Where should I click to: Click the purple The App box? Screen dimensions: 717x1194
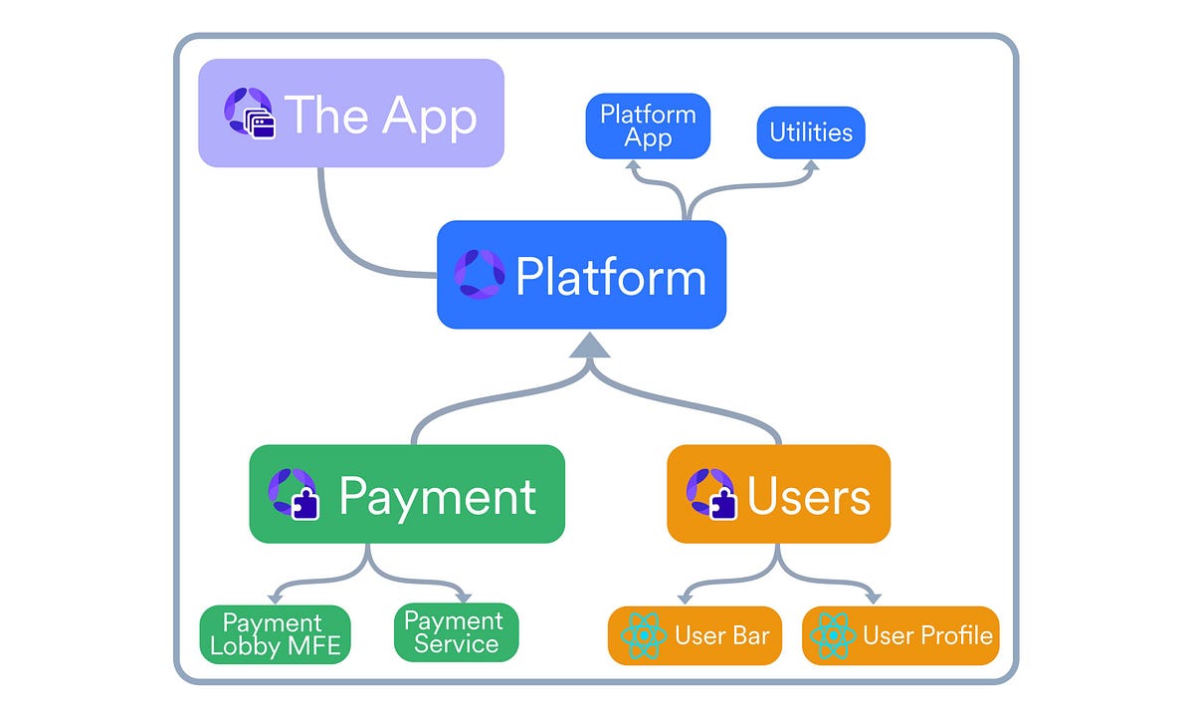[351, 113]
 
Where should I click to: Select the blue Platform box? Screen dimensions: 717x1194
[581, 275]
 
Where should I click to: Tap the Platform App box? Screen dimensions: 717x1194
[648, 125]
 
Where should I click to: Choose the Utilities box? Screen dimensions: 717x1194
[811, 132]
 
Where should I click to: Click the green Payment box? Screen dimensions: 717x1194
[406, 494]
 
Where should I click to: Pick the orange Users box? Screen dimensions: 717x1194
[778, 494]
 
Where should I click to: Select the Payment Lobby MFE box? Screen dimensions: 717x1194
[275, 634]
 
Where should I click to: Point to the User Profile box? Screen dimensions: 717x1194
[899, 635]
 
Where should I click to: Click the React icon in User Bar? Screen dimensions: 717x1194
[642, 635]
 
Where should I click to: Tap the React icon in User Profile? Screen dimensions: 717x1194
[832, 635]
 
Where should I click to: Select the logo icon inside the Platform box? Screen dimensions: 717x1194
[480, 274]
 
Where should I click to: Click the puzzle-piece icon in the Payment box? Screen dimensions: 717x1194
[304, 504]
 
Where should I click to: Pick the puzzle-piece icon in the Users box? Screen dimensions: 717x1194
[723, 504]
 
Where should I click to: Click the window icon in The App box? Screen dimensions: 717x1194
[262, 126]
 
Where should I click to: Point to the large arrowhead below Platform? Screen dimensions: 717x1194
[589, 346]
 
